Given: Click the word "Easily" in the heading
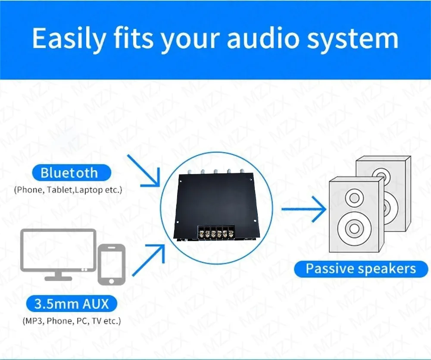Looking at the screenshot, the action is [69, 38].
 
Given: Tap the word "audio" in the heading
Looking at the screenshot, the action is [263, 38].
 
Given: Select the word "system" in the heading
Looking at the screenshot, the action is [353, 40].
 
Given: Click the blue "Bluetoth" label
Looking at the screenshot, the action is [72, 173].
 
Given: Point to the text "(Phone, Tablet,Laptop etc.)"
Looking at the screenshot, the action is [68, 190].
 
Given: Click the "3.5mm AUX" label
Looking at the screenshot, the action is [72, 304].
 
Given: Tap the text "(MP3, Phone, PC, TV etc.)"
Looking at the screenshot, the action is [72, 321].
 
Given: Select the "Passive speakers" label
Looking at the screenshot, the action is [361, 269].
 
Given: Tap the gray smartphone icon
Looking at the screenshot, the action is [112, 265].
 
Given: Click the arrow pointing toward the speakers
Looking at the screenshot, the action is [303, 209].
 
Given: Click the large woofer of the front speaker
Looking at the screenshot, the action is [354, 229].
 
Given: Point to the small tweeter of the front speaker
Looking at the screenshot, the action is [354, 198].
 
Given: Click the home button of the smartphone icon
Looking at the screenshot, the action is [111, 281].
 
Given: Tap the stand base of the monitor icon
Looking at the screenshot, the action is [58, 279].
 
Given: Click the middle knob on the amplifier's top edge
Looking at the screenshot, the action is [215, 172].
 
